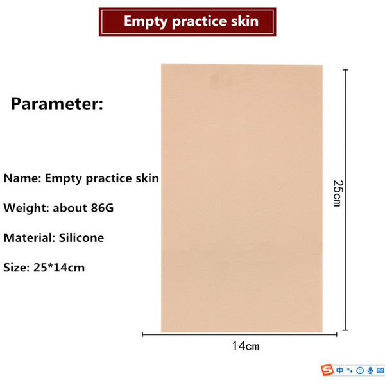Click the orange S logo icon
327,370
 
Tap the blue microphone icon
370,370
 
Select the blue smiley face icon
360,370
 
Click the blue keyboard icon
380,370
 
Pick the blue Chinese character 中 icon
340,370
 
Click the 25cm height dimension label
338,193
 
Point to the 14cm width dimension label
246,346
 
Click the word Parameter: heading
57,104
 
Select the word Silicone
81,237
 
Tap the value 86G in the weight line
102,208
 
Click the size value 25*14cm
59,268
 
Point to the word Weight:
26,208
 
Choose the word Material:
30,237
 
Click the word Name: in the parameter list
22,178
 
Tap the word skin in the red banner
245,21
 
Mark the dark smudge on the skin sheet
215,78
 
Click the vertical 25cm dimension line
345,200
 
